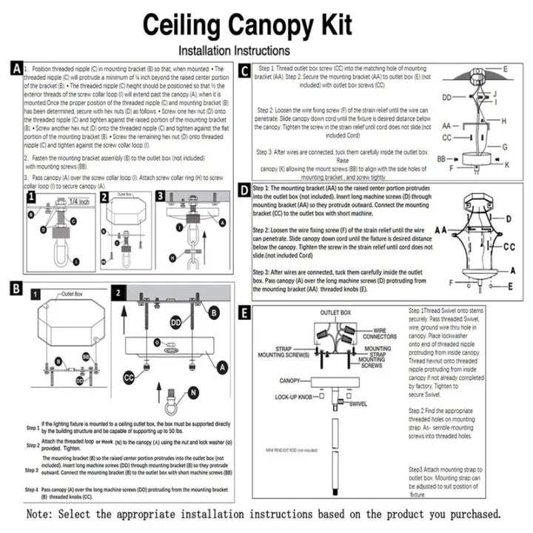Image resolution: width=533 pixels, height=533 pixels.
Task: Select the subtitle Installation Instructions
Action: [235, 51]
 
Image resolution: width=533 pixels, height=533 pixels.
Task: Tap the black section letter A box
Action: [16, 69]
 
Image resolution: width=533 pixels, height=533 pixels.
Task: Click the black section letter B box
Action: [16, 285]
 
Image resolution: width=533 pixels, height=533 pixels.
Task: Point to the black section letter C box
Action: [245, 72]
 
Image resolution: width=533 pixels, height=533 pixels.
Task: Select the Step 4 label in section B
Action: [32, 490]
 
